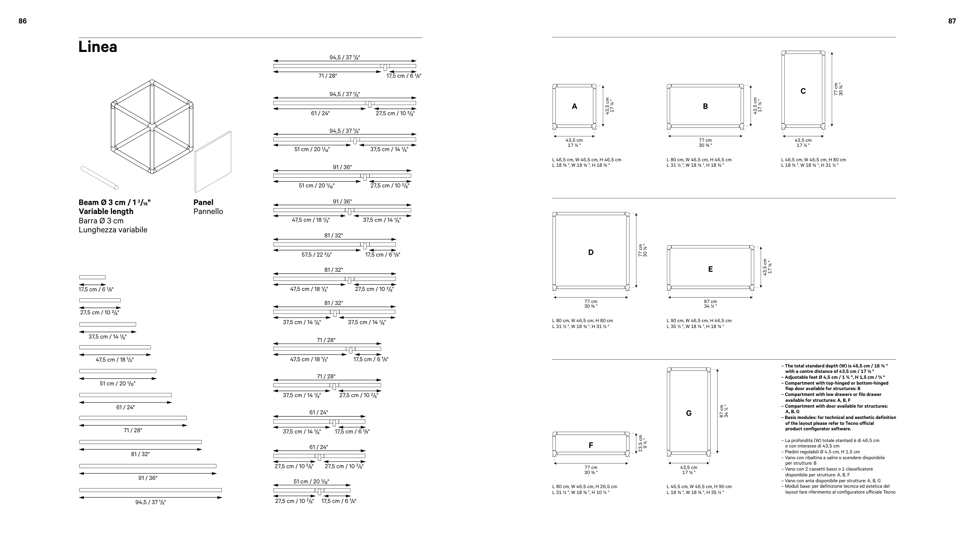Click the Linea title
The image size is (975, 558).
(x=98, y=47)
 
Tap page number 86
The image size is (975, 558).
(x=23, y=21)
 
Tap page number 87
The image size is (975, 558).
(x=952, y=21)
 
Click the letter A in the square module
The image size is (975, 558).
(x=574, y=106)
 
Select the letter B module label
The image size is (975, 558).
(x=705, y=106)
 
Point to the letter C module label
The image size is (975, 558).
(x=803, y=91)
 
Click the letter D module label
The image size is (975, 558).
(x=591, y=252)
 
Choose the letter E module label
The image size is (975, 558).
(x=710, y=269)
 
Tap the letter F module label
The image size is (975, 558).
(x=591, y=445)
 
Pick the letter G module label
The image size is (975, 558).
(x=689, y=413)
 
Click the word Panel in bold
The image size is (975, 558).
(x=204, y=202)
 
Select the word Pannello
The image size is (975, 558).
(x=208, y=212)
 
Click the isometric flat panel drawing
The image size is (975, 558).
(x=213, y=162)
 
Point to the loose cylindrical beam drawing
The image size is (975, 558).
(x=100, y=178)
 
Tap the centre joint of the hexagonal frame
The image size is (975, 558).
(x=152, y=127)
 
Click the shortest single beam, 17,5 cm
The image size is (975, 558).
(x=92, y=277)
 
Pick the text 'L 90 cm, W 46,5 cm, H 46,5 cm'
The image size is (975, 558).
(x=699, y=321)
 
